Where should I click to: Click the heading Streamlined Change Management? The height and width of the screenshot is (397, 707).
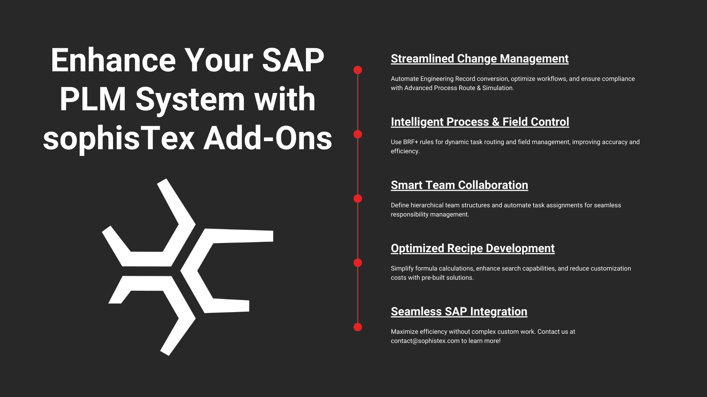coord(479,59)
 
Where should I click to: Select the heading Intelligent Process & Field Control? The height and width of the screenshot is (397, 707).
coord(480,122)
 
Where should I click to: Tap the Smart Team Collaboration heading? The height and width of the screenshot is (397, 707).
coord(459,185)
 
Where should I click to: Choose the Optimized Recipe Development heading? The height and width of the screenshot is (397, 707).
coord(472,248)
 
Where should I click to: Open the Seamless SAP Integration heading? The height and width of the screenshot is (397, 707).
coord(459,312)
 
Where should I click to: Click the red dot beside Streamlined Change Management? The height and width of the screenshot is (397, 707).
coord(358,70)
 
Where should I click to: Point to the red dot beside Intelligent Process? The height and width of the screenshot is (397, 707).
coord(358,134)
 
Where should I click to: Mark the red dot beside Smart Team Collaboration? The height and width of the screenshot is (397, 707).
coord(358,198)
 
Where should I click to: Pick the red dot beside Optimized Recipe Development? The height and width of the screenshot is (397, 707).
coord(358,263)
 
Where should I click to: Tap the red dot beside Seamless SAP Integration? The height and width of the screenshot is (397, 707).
coord(358,327)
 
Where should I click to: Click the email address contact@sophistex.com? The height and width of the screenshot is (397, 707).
coord(425,341)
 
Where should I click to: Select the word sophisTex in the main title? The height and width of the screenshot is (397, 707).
coord(119,139)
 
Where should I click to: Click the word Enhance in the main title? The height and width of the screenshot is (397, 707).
coord(113,60)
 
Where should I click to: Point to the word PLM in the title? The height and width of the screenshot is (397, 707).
coord(93,99)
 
